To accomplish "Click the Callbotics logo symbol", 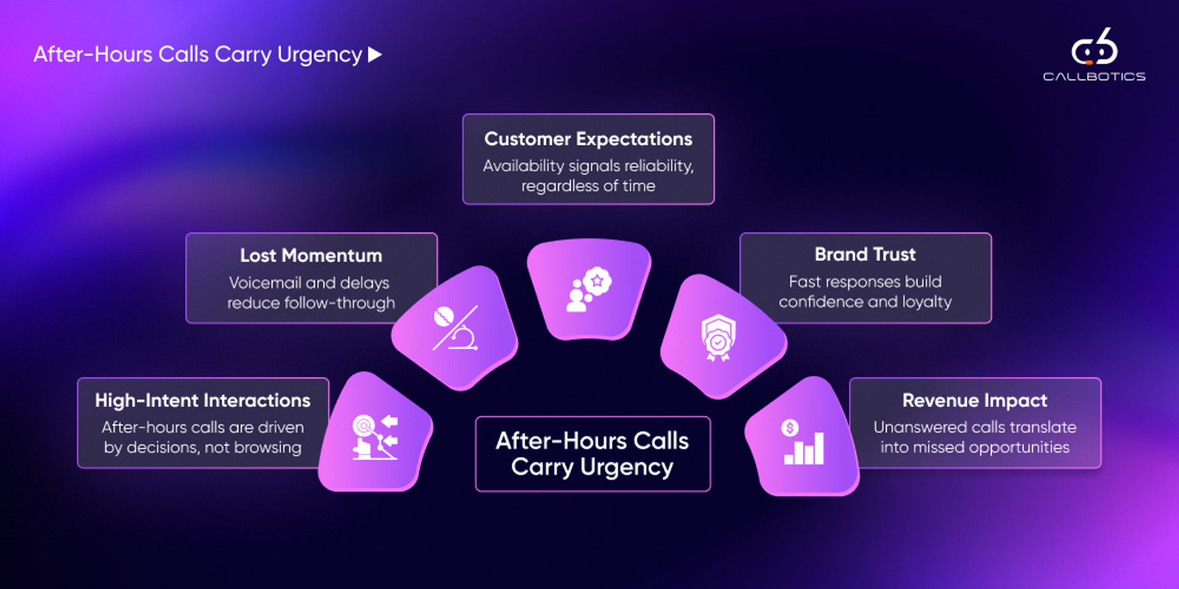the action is coord(1094,47).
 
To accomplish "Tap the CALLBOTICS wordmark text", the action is coord(1094,77).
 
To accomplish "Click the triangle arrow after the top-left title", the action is coord(375,55).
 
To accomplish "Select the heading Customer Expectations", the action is coord(588,139).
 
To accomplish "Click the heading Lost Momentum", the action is coord(311,256).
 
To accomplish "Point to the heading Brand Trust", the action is coord(865,255).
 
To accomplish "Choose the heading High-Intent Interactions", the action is coord(203,401).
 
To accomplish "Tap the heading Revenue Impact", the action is coord(975,401).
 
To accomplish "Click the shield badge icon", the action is coord(718,337).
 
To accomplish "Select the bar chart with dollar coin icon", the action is coord(803,442).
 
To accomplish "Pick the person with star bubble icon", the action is coord(588,289).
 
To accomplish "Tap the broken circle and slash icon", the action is coord(455,328).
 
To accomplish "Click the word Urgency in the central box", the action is coord(626,468).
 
